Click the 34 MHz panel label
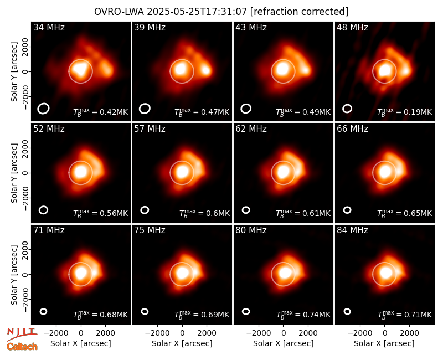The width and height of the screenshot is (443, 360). (x=49, y=27)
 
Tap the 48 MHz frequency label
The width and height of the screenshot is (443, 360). (x=352, y=27)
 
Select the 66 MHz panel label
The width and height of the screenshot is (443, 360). (x=352, y=129)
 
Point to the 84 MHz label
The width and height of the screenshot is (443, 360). (x=352, y=230)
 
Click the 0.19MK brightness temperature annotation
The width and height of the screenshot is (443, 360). (x=405, y=112)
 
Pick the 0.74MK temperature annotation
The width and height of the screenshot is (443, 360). (x=303, y=315)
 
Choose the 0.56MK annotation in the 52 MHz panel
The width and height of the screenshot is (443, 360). (x=101, y=213)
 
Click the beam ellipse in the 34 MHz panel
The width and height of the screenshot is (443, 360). (x=44, y=109)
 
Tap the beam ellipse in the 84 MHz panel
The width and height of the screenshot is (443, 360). (x=347, y=311)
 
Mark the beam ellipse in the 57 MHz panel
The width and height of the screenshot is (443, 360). (x=145, y=210)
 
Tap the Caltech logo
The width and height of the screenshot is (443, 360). (x=22, y=347)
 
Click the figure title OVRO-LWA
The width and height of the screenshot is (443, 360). (x=119, y=12)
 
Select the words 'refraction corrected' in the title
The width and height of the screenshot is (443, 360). (x=300, y=12)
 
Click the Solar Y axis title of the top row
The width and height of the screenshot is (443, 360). (x=14, y=72)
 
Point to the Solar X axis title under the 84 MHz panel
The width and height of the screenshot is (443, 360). (x=384, y=343)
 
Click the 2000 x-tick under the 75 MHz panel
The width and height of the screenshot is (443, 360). (x=207, y=333)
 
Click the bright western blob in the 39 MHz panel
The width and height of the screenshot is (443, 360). (x=207, y=70)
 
